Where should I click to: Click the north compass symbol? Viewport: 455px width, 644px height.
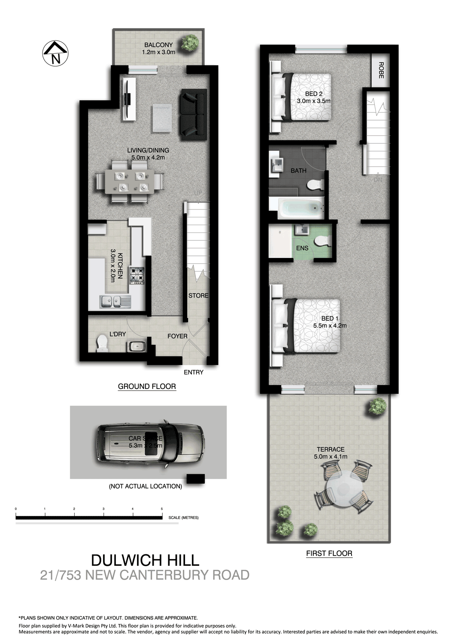pos(55,54)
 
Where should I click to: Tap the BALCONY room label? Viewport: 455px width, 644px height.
pos(158,45)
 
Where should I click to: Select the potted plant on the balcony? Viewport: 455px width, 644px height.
pos(189,43)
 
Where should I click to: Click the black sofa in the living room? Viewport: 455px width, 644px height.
pos(194,114)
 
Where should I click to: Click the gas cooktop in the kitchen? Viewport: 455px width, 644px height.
pos(138,276)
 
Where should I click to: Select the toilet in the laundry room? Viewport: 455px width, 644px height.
pos(102,343)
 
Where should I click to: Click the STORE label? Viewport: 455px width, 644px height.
pos(198,296)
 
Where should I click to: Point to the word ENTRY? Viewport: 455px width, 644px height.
pos(193,372)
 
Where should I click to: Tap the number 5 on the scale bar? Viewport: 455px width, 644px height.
pos(162,509)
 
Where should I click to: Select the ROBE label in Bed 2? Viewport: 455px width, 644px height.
pos(381,70)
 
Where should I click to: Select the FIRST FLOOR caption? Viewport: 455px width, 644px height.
pos(329,553)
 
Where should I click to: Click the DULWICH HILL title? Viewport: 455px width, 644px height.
pos(145,560)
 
